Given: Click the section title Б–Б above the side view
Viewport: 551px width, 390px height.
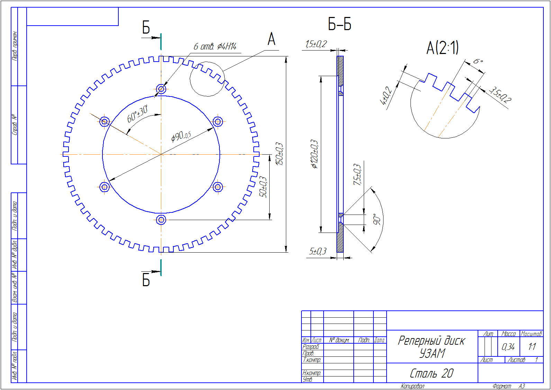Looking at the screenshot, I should (x=340, y=25).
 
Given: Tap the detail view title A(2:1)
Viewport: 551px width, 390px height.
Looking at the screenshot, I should (x=442, y=48).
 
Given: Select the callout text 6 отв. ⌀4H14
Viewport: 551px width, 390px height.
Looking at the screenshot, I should (x=215, y=47).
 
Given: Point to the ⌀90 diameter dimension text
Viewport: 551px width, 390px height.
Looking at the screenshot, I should (x=181, y=136).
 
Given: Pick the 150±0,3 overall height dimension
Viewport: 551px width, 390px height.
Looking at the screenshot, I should (x=279, y=154).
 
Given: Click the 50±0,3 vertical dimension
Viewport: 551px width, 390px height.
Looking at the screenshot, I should (x=263, y=187).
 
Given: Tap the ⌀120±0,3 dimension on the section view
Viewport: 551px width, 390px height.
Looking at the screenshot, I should (x=314, y=154).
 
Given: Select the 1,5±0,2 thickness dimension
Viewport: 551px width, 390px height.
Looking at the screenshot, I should (x=316, y=44).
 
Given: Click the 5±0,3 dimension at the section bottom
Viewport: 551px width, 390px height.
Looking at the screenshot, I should (x=318, y=251).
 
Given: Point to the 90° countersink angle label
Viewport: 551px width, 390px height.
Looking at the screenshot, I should (x=377, y=219).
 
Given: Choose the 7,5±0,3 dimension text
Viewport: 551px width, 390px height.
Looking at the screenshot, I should (x=357, y=174).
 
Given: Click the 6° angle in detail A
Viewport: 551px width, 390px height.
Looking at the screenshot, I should (x=478, y=61).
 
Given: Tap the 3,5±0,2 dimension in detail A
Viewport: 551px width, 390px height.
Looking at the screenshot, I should (x=500, y=96).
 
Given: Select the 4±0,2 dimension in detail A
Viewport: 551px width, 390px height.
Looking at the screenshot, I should (x=386, y=96).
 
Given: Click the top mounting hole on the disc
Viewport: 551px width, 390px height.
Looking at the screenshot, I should (x=161, y=89).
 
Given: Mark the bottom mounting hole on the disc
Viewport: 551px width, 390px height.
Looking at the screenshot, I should (x=161, y=219).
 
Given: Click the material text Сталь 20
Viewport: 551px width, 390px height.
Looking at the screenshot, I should (x=431, y=373).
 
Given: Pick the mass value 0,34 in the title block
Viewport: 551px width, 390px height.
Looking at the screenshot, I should (x=508, y=347).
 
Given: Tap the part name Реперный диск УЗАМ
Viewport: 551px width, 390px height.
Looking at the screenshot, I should (x=431, y=347).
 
